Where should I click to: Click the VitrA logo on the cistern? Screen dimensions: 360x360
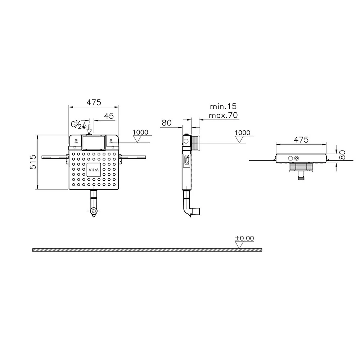(94, 170)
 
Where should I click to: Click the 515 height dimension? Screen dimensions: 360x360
(33, 162)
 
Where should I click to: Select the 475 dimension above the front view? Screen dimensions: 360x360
(94, 102)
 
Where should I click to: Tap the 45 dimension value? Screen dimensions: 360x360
(109, 116)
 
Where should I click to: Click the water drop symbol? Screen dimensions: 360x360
(84, 125)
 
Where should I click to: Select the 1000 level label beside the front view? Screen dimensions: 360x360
(140, 132)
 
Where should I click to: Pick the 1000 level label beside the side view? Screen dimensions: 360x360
(242, 133)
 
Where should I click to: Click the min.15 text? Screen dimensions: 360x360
(223, 106)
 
